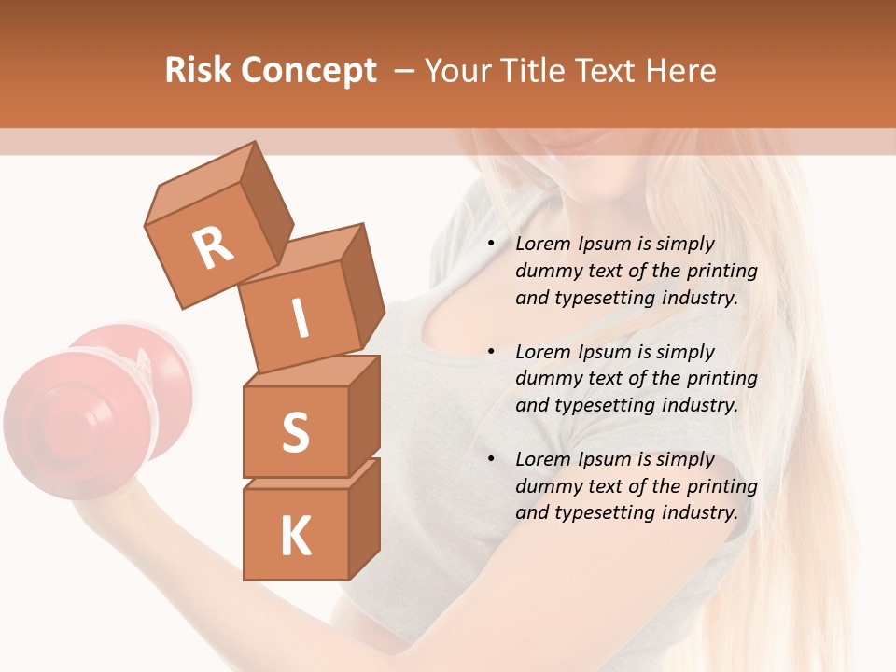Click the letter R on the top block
[213, 248]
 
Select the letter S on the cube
[295, 433]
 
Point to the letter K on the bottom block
[295, 537]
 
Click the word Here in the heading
[679, 70]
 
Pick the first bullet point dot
[491, 244]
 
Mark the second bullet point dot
[491, 352]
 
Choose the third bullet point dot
[491, 459]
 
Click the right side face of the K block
[364, 515]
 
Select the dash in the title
[405, 71]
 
